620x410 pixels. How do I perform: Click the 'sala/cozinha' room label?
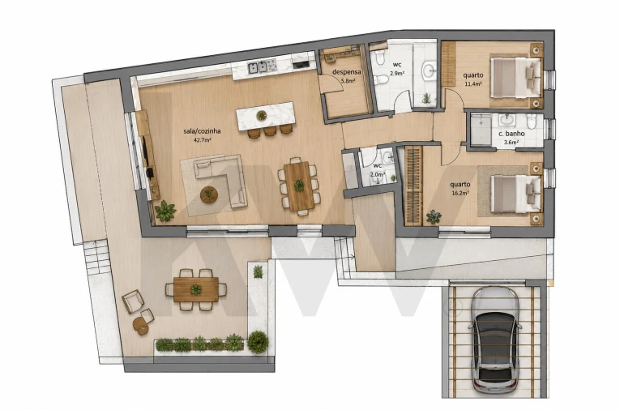click(202, 131)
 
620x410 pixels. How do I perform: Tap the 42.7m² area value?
click(202, 140)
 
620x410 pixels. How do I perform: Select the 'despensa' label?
click(347, 72)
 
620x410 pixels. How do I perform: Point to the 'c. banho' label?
click(511, 134)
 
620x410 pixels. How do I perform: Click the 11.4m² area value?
click(473, 83)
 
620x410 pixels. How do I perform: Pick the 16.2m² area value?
click(460, 194)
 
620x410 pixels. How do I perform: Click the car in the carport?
click(494, 340)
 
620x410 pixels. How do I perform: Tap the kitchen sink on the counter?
click(258, 67)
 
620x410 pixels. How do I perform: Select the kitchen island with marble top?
click(265, 116)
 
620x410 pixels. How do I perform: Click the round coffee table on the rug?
click(209, 194)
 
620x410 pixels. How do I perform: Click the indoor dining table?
click(299, 186)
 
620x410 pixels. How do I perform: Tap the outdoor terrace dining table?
click(196, 290)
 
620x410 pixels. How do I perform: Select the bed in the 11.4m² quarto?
click(515, 78)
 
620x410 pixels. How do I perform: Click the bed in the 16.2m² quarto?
click(516, 194)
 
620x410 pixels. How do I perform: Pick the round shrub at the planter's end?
click(258, 342)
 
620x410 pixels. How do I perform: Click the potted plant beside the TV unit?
click(165, 211)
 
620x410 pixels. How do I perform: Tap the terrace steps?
click(96, 257)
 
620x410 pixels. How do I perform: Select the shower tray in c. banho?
click(481, 130)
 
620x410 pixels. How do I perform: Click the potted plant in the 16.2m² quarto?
click(434, 216)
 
